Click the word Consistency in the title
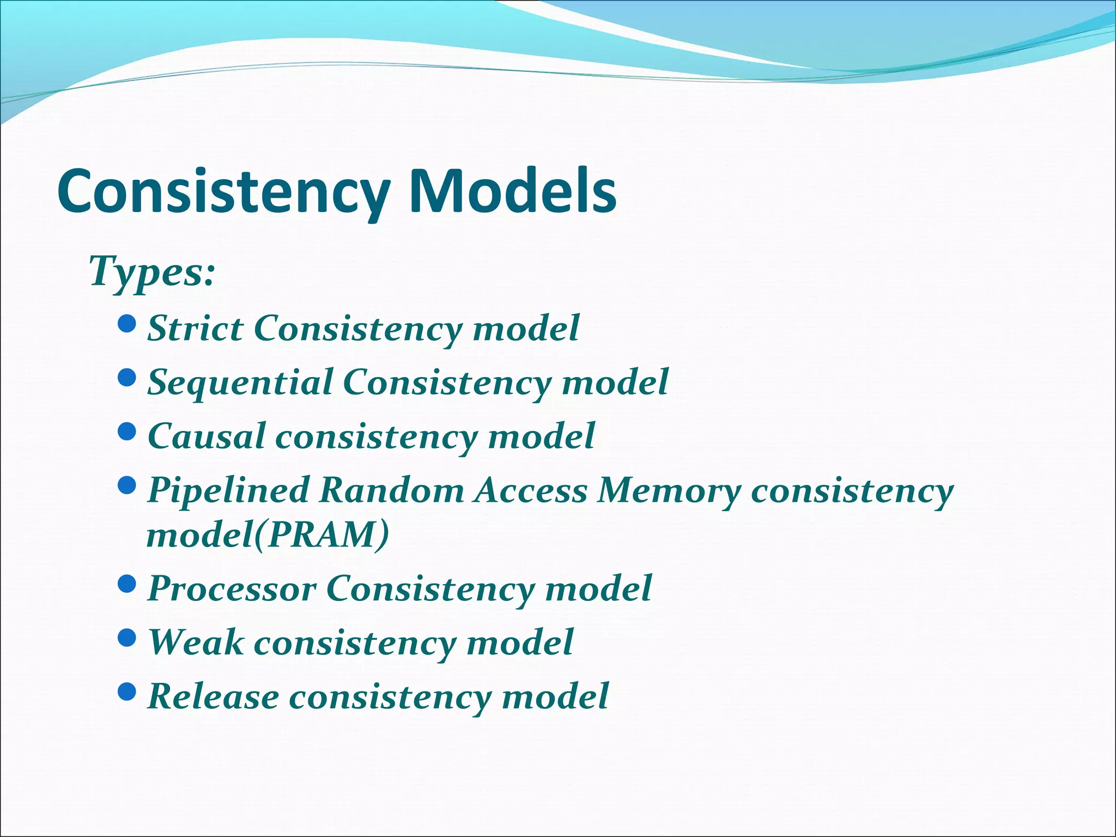coord(223,192)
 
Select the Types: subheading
coord(152,271)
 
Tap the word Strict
coord(195,328)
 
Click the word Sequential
coord(240,382)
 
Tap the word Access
coord(531,489)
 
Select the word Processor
coord(232,588)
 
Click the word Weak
coord(196,641)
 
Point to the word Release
coord(213,696)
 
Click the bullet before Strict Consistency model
coord(126,325)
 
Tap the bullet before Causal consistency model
coord(126,433)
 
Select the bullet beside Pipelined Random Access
coord(126,486)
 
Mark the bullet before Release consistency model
coord(126,692)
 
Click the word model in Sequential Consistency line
coord(615,382)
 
